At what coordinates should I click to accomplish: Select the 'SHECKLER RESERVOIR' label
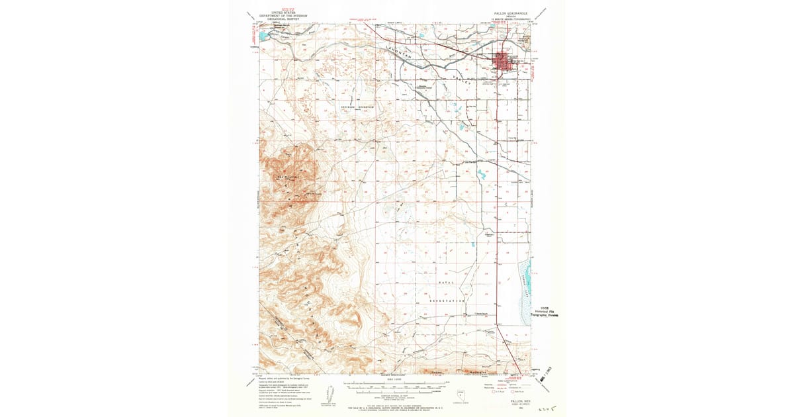coord(357,107)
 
